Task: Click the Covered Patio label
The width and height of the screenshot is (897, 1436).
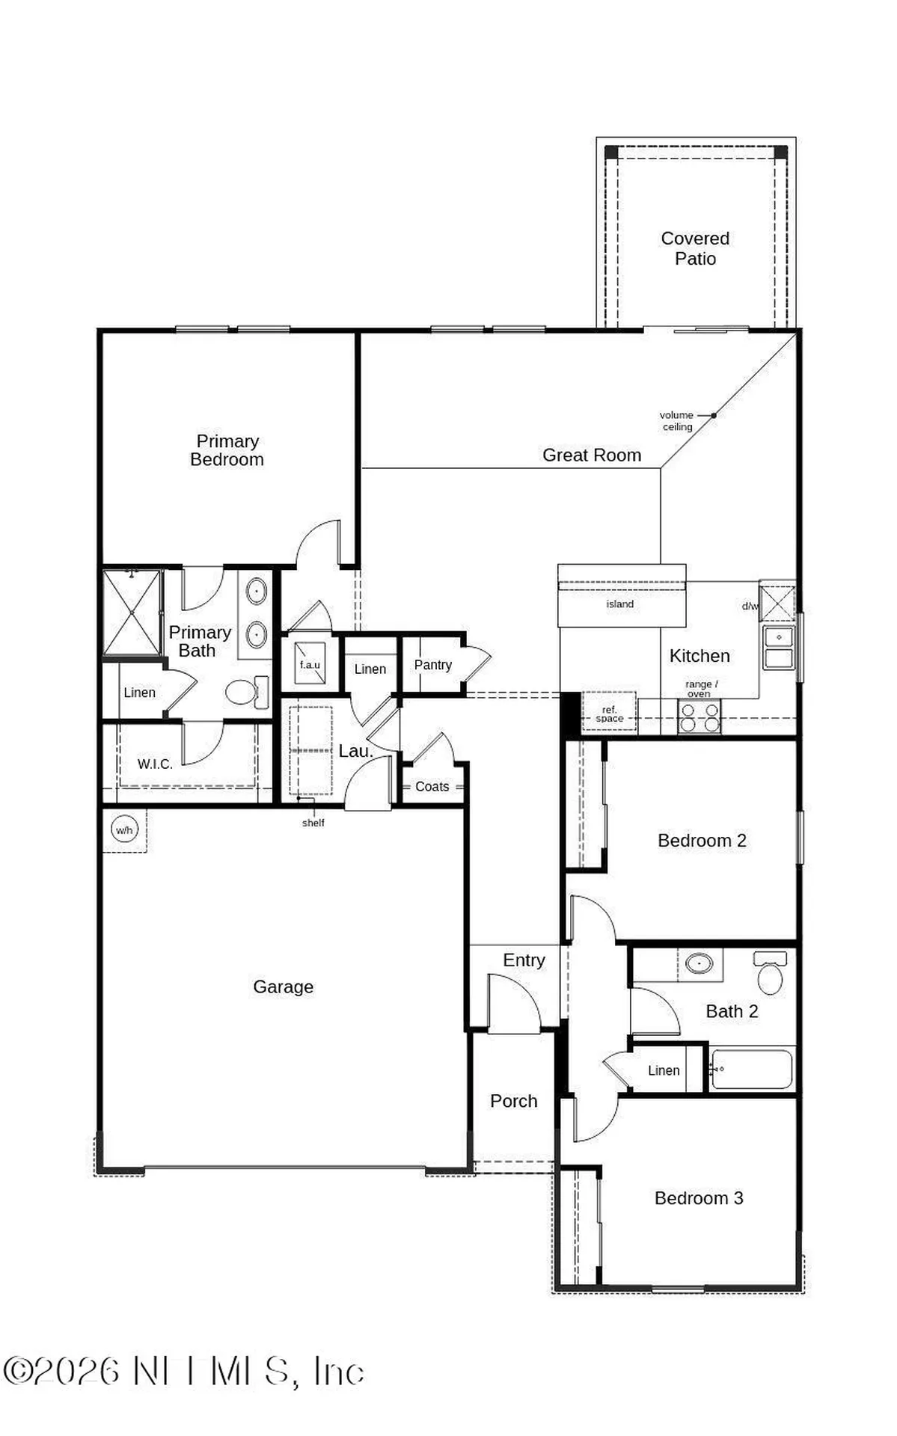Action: point(695,248)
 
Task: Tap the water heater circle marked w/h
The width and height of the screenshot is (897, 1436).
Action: point(124,830)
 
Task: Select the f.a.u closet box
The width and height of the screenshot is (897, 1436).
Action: point(310,663)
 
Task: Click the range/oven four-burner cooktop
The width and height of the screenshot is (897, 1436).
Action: point(699,717)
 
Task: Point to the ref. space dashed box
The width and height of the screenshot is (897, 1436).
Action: point(609,711)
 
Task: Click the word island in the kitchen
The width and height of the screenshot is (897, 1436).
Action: point(619,604)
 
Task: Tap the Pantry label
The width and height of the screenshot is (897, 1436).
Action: point(432,665)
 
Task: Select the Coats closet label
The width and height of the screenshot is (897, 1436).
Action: point(432,787)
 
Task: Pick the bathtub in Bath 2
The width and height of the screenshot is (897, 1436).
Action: point(751,1070)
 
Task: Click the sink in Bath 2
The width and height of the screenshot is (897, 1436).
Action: point(700,964)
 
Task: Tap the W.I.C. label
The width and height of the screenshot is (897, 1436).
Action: point(155,764)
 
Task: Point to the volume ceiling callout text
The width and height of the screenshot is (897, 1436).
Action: point(676,421)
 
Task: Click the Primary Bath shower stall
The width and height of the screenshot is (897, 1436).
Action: point(132,613)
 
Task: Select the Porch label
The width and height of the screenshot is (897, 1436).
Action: point(513,1101)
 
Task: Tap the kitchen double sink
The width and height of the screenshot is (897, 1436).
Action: point(778,648)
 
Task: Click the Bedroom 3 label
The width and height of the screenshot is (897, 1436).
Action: point(698,1198)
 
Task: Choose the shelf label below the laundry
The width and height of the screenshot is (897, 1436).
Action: point(313,823)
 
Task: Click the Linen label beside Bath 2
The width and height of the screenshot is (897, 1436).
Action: point(664,1070)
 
